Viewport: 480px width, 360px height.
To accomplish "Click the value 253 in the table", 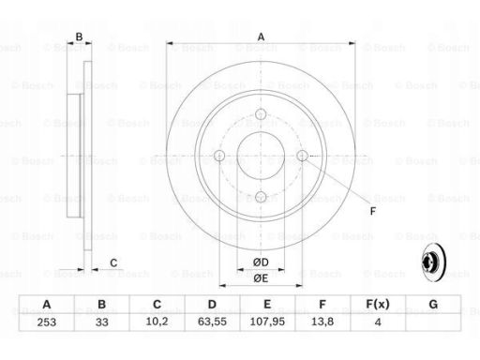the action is [x=47, y=322].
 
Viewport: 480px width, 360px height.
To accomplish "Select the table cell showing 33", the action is [x=102, y=322].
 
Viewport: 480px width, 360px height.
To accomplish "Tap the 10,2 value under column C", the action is [x=157, y=322].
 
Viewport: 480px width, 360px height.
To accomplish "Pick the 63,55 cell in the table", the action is [x=212, y=322].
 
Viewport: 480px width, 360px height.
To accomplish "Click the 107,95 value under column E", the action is [x=267, y=322].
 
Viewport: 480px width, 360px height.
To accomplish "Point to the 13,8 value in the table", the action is [x=322, y=322].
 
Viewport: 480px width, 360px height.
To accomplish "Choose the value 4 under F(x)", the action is [x=378, y=322].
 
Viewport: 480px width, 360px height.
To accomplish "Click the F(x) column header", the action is [x=378, y=304].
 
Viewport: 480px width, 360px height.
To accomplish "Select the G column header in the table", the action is [x=433, y=304].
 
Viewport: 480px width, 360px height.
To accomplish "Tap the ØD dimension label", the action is [x=261, y=262].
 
